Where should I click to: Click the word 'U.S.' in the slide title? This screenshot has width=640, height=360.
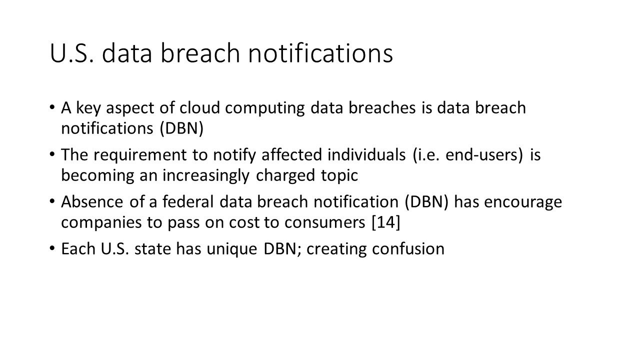[x=71, y=53]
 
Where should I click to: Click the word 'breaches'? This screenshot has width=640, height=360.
[x=382, y=107]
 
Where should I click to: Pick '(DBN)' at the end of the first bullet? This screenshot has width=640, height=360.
[x=181, y=128]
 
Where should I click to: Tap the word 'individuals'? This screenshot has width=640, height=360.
[x=366, y=154]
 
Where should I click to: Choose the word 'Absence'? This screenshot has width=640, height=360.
[x=92, y=201]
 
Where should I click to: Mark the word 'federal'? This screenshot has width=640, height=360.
[x=188, y=201]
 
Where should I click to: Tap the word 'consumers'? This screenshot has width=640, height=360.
[x=324, y=223]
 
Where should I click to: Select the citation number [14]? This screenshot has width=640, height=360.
[x=386, y=222]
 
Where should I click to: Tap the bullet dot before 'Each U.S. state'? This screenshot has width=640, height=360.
[x=52, y=248]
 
